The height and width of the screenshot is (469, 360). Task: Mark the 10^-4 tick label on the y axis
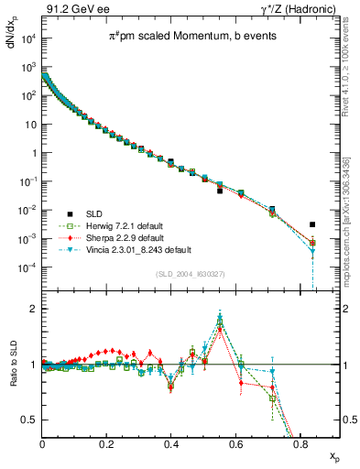(x=27, y=267)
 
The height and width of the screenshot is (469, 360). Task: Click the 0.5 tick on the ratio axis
(x=29, y=420)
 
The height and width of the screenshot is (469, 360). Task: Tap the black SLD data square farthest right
(x=312, y=224)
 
